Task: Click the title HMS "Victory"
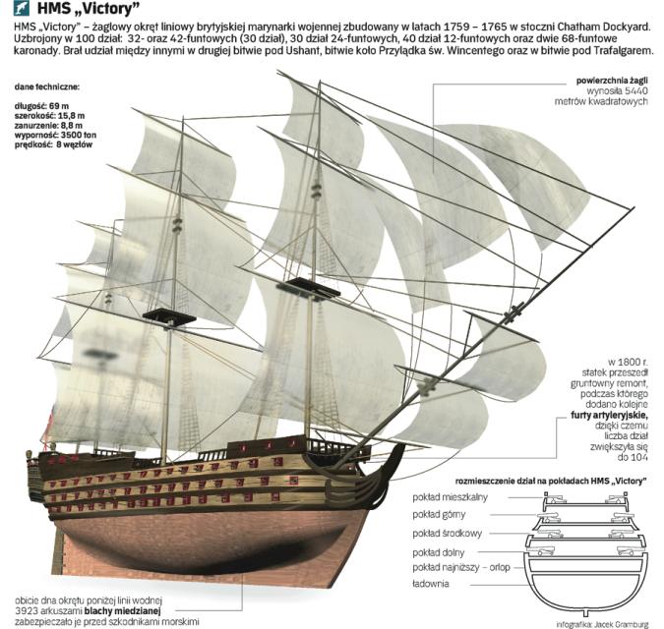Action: click(x=90, y=10)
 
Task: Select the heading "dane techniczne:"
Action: click(x=46, y=87)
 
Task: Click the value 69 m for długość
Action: click(x=60, y=104)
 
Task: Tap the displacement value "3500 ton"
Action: click(x=80, y=134)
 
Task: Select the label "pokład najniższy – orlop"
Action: click(x=460, y=567)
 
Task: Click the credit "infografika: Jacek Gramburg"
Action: click(x=600, y=623)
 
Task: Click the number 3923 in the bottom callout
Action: click(x=30, y=610)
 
